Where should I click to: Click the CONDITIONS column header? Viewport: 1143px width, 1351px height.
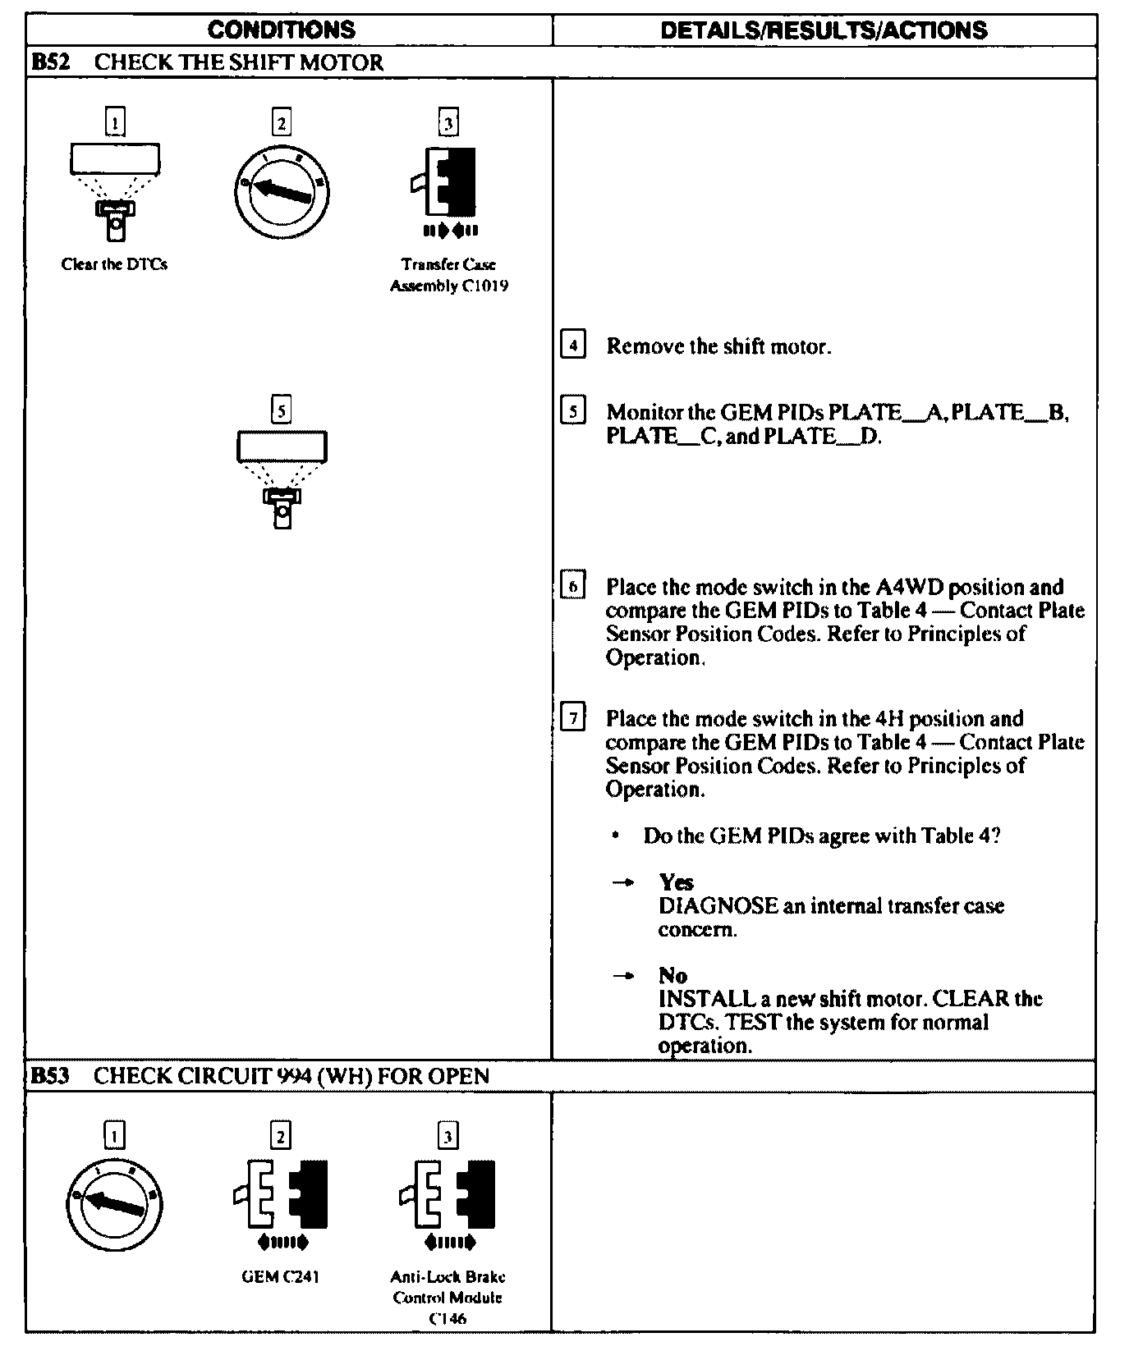[x=281, y=30]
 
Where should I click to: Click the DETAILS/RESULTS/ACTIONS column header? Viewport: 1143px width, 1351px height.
[x=824, y=30]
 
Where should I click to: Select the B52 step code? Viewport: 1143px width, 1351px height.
[x=49, y=62]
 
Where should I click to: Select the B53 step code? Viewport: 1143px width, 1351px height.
[x=49, y=1076]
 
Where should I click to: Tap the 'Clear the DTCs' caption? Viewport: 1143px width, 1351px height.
[x=114, y=264]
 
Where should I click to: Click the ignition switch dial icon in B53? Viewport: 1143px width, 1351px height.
[x=114, y=1202]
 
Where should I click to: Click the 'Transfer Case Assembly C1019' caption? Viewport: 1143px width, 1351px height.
[x=448, y=275]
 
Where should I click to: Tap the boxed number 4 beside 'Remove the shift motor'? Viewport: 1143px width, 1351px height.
[x=573, y=345]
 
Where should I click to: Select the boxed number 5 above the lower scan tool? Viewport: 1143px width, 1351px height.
[x=281, y=409]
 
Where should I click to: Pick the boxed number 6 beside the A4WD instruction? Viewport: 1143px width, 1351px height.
[x=573, y=586]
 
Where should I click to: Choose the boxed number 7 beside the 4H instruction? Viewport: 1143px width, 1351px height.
[x=573, y=718]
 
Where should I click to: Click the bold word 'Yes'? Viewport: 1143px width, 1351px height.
[x=676, y=882]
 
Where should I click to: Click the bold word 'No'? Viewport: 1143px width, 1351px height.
[x=672, y=975]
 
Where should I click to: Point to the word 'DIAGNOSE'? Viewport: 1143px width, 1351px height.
[x=718, y=906]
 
